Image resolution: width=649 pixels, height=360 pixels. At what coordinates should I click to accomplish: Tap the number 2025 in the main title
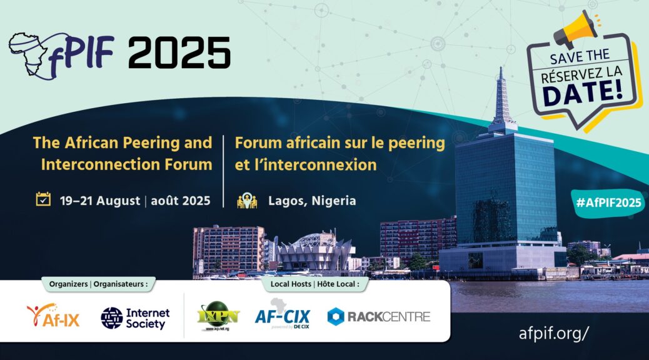179,53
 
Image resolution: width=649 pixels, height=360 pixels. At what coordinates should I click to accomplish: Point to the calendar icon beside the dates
43,199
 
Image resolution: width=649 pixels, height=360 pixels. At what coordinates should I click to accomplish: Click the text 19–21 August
100,201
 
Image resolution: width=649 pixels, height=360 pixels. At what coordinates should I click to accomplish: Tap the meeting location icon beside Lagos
247,200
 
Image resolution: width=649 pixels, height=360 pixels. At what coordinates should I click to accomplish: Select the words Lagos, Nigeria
312,201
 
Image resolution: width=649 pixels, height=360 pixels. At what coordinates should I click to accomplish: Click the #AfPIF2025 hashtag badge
608,202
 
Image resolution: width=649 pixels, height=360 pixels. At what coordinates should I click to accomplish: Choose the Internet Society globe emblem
112,317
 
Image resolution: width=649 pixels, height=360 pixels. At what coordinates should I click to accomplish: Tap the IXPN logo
218,316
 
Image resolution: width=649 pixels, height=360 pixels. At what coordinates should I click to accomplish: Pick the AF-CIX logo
282,314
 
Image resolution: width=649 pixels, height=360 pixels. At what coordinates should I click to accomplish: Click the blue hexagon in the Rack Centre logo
336,316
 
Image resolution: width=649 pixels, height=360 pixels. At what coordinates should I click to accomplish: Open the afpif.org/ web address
553,333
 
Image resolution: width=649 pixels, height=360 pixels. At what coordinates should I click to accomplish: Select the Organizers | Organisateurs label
99,284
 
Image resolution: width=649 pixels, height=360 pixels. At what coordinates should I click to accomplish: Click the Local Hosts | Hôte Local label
315,284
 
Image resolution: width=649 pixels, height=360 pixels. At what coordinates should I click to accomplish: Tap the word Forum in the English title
188,165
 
